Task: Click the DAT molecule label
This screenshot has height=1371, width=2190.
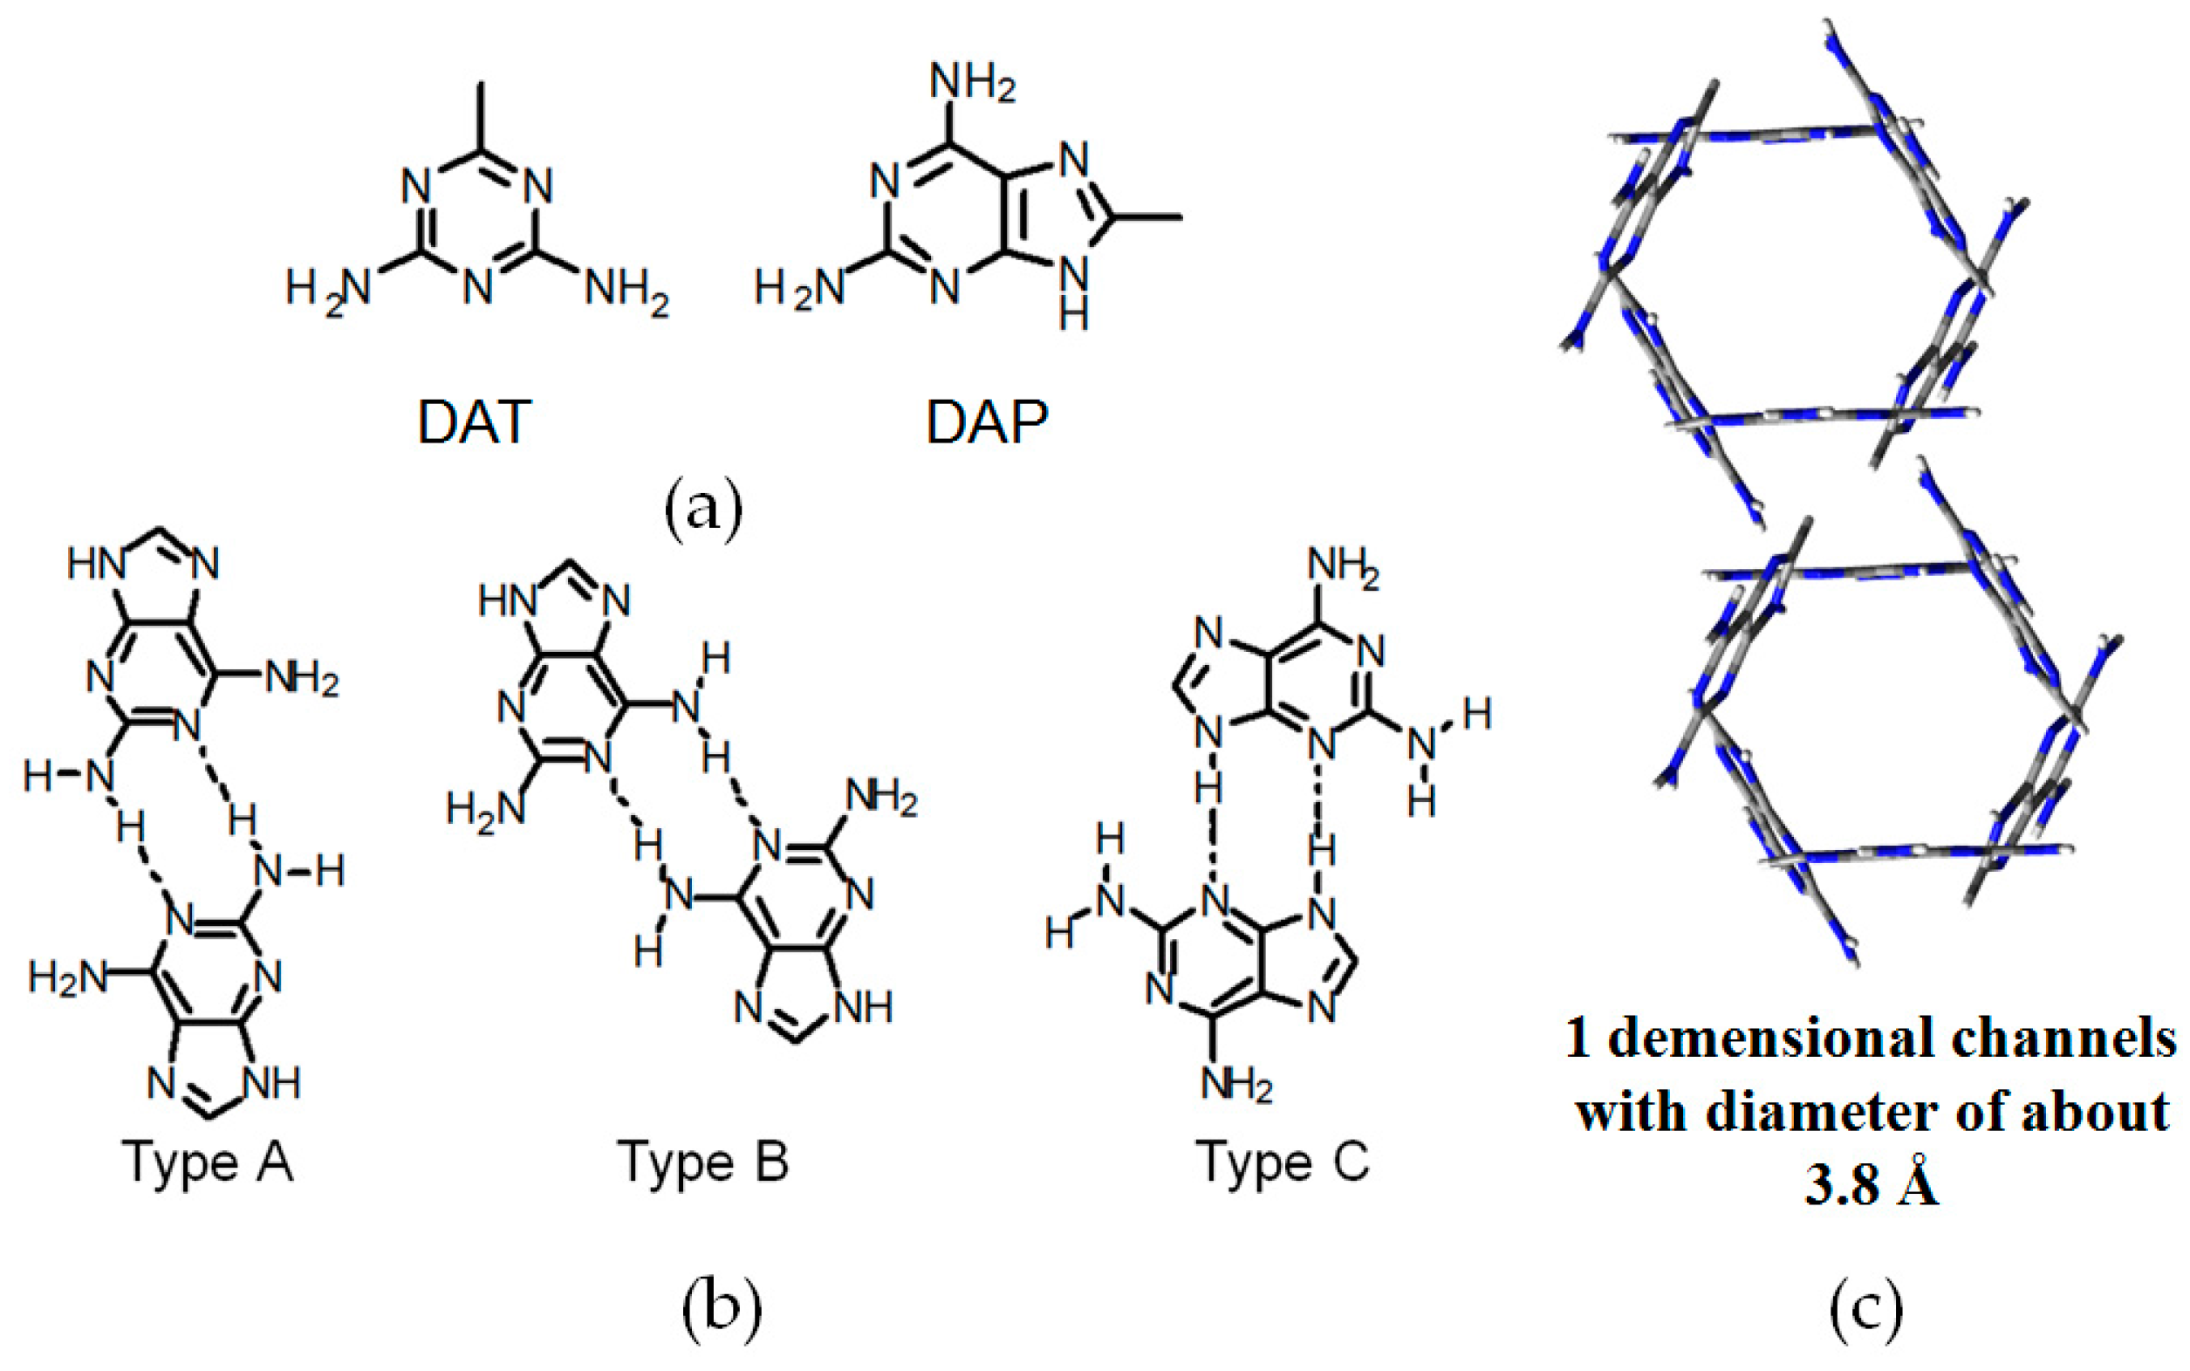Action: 473,422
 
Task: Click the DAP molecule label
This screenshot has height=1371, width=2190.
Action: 985,422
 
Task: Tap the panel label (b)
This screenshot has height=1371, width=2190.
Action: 721,1311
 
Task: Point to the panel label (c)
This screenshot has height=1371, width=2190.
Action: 1865,1311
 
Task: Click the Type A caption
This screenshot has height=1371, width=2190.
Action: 209,1162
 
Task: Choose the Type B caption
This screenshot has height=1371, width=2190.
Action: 702,1162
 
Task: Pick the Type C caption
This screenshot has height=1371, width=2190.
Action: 1283,1162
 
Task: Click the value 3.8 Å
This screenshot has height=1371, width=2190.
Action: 1871,1185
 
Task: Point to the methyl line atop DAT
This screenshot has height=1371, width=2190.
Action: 481,113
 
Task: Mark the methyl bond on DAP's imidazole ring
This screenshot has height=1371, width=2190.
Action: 1146,216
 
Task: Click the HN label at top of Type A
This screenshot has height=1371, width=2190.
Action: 95,565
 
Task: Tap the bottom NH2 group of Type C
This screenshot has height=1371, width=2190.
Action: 1236,1085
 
